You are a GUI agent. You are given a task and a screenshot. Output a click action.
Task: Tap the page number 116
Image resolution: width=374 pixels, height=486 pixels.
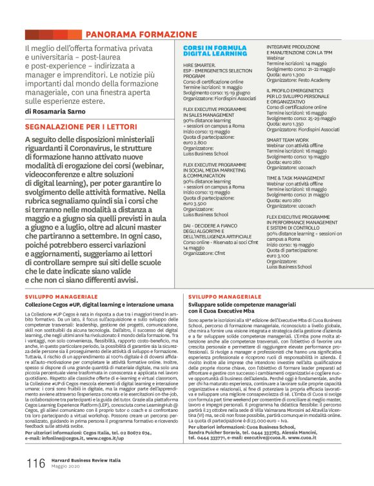point(35,462)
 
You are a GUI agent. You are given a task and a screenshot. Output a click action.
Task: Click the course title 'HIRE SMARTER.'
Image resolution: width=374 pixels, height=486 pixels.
point(201,66)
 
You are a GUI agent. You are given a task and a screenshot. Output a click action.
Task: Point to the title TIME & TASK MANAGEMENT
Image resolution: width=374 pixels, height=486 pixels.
point(299,176)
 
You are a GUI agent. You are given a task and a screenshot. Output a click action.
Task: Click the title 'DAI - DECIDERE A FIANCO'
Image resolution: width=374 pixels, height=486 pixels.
point(212,224)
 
